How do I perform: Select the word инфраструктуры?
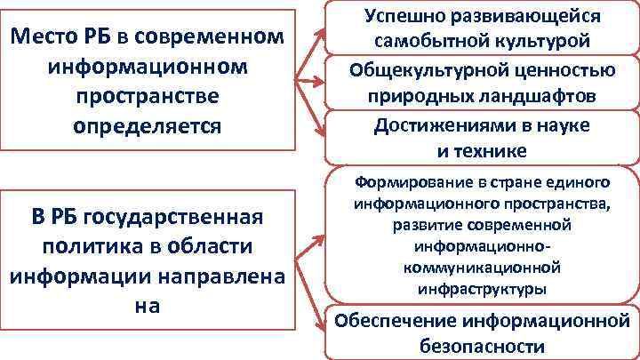click(x=485, y=290)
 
